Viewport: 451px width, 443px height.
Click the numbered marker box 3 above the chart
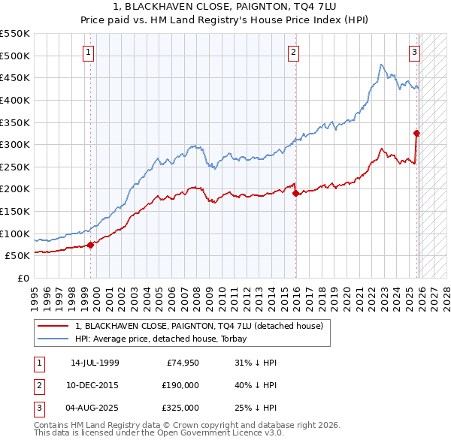(414, 52)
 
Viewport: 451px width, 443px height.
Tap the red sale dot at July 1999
(90, 244)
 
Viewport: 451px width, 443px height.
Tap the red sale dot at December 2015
(295, 193)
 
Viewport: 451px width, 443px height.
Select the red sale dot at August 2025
(416, 134)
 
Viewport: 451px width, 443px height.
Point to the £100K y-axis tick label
(15, 234)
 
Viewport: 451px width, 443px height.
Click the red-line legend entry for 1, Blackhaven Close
(198, 326)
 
